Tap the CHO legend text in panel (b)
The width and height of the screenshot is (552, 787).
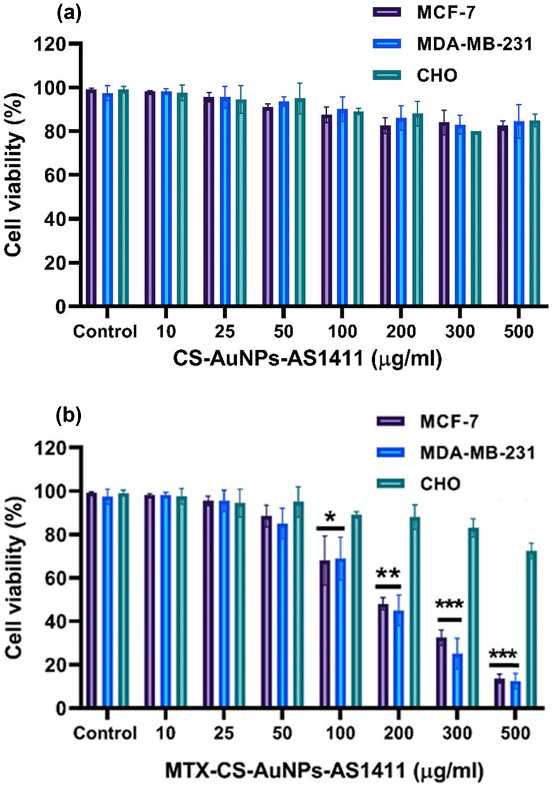[x=440, y=483]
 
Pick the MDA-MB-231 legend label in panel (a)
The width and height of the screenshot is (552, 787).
[x=474, y=44]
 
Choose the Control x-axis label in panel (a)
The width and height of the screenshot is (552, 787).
[x=105, y=331]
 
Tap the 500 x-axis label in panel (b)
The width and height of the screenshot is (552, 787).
[x=515, y=733]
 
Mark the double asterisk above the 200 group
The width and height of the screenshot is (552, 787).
[x=388, y=575]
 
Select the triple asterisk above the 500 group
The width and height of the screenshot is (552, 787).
[x=503, y=655]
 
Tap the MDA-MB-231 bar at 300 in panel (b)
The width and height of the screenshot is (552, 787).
[x=457, y=681]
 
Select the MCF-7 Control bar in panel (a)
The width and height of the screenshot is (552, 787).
[x=91, y=198]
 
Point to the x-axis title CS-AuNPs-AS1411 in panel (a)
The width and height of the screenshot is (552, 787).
[x=307, y=358]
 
